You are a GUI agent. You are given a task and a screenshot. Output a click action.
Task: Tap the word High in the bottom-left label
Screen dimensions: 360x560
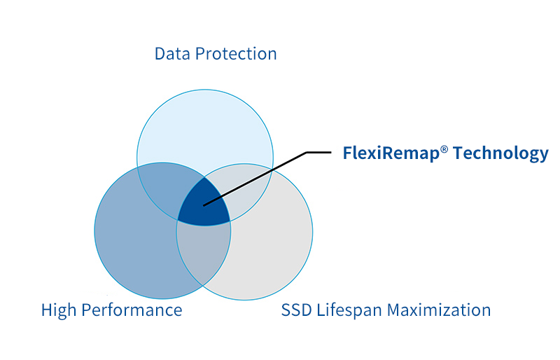click(59, 310)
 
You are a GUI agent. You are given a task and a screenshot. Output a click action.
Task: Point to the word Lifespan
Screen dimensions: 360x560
click(353, 310)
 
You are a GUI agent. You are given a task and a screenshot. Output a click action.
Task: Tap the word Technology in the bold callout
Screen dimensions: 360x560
click(500, 153)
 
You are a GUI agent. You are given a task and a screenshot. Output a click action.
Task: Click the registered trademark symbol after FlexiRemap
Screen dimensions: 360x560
click(444, 149)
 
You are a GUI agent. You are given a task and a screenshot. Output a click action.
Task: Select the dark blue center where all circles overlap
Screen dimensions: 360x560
click(203, 205)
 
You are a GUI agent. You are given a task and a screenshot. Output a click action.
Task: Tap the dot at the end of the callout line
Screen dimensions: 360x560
click(204, 205)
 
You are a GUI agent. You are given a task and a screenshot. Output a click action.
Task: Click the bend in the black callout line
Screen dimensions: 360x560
click(307, 153)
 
